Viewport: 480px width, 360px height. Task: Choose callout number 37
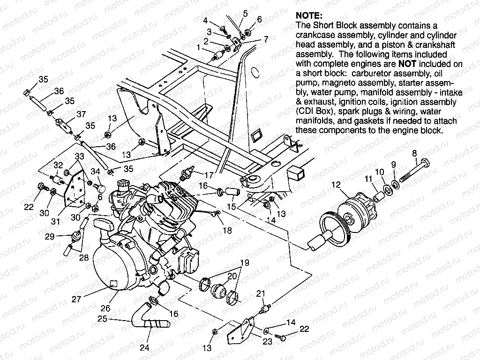pos(81,114)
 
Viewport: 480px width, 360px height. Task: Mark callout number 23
pos(267,342)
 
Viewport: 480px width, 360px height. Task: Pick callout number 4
pos(205,20)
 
